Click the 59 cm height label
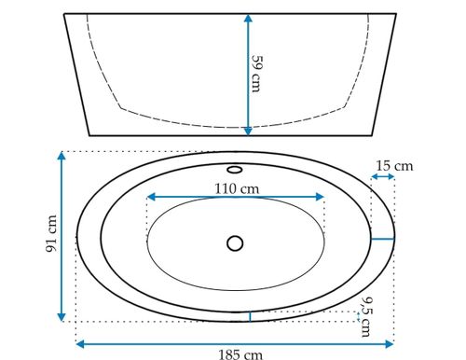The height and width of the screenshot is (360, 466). [x=256, y=74]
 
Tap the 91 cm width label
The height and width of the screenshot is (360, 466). [x=51, y=234]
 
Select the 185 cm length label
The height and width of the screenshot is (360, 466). [x=240, y=354]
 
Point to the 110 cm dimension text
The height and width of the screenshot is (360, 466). [x=237, y=188]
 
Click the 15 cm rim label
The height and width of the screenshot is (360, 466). [x=394, y=166]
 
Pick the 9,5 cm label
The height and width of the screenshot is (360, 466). [x=367, y=317]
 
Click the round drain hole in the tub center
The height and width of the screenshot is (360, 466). [x=235, y=243]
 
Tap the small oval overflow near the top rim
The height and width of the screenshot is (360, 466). [x=235, y=170]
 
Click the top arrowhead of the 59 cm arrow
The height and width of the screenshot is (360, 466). [x=248, y=18]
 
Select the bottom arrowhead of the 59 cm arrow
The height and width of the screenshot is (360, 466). [x=248, y=132]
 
